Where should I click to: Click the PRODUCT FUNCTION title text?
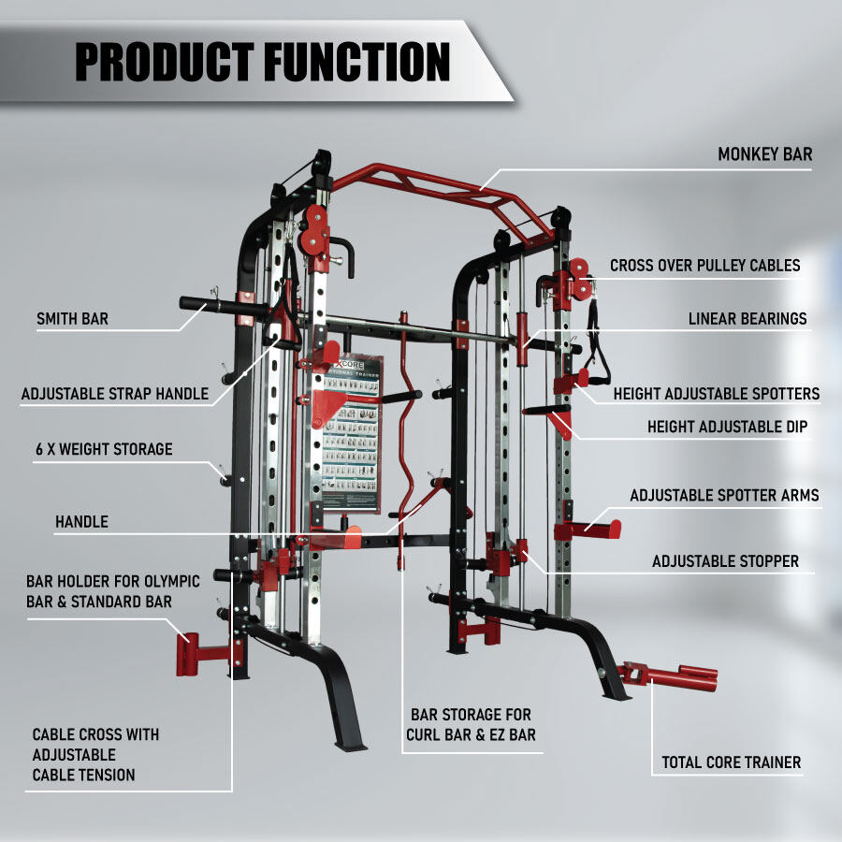pyautogui.click(x=262, y=62)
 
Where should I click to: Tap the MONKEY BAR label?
pyautogui.click(x=765, y=154)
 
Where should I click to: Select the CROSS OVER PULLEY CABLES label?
pyautogui.click(x=704, y=266)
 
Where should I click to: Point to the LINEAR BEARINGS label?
pyautogui.click(x=748, y=319)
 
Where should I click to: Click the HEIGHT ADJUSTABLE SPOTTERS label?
pyautogui.click(x=717, y=394)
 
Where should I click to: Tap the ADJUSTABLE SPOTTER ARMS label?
pyautogui.click(x=724, y=496)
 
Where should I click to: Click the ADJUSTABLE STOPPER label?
pyautogui.click(x=725, y=561)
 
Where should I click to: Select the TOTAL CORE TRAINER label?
pyautogui.click(x=732, y=762)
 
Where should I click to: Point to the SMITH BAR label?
pyautogui.click(x=72, y=319)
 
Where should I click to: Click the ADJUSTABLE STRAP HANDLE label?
pyautogui.click(x=114, y=394)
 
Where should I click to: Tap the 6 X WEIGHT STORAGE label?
pyautogui.click(x=103, y=449)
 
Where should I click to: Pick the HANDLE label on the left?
pyautogui.click(x=81, y=522)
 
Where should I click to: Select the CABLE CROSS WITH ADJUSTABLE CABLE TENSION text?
pyautogui.click(x=95, y=754)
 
